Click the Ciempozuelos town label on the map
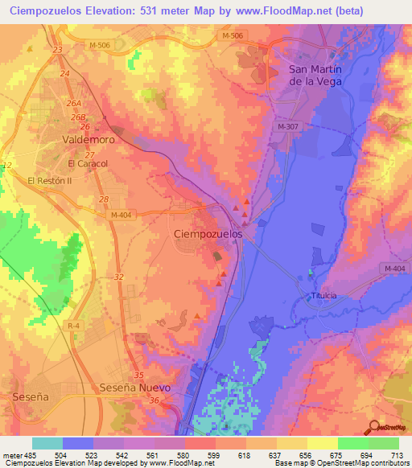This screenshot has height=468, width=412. (x=208, y=233)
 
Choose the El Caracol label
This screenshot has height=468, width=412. (x=88, y=163)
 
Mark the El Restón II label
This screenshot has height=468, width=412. (x=50, y=181)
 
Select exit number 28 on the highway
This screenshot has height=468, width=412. (x=102, y=199)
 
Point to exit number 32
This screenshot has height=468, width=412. (x=119, y=277)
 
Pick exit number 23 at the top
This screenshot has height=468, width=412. (x=56, y=50)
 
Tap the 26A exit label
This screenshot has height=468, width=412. (x=75, y=104)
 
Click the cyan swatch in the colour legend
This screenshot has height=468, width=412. (x=47, y=443)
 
